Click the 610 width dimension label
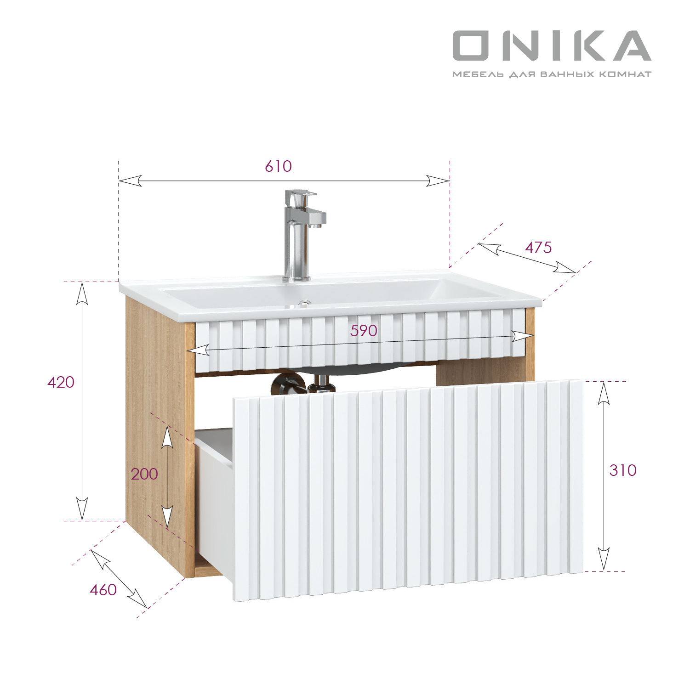click(x=278, y=166)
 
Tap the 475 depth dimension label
click(x=538, y=248)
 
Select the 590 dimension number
click(x=364, y=330)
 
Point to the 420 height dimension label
click(x=61, y=382)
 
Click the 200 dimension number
click(x=144, y=474)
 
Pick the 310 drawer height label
click(x=623, y=470)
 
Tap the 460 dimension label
click(x=103, y=590)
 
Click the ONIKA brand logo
click(x=552, y=45)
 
